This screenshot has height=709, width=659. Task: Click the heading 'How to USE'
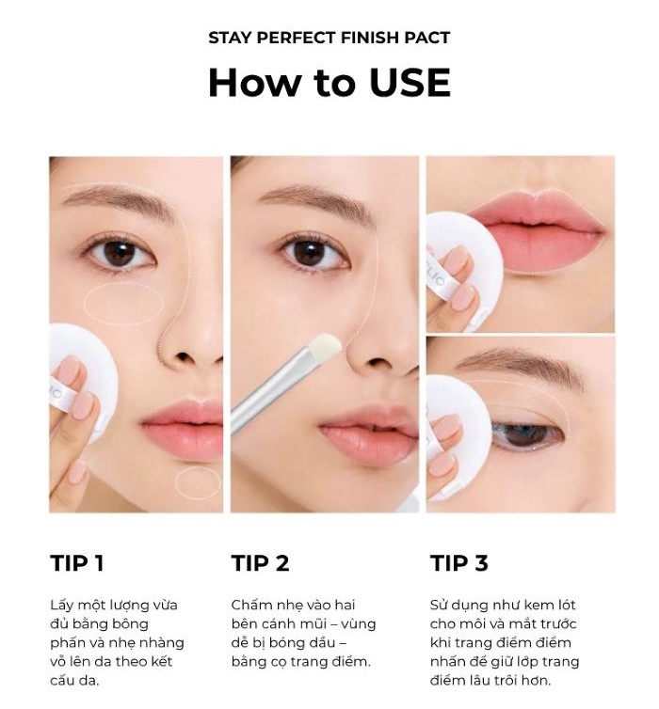[329, 83]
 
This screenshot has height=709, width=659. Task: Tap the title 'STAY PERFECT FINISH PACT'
[329, 38]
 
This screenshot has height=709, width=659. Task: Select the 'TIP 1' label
[77, 563]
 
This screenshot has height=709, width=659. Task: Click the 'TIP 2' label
[260, 563]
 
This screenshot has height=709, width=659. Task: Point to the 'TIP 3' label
[459, 563]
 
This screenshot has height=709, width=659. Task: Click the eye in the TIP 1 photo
[121, 253]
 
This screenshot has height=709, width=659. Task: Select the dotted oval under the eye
[124, 304]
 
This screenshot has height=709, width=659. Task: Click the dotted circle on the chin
[198, 483]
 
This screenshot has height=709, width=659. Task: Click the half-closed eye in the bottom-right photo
[527, 434]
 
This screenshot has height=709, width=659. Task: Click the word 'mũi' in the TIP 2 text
[316, 623]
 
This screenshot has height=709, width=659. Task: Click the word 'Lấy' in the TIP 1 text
[62, 605]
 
